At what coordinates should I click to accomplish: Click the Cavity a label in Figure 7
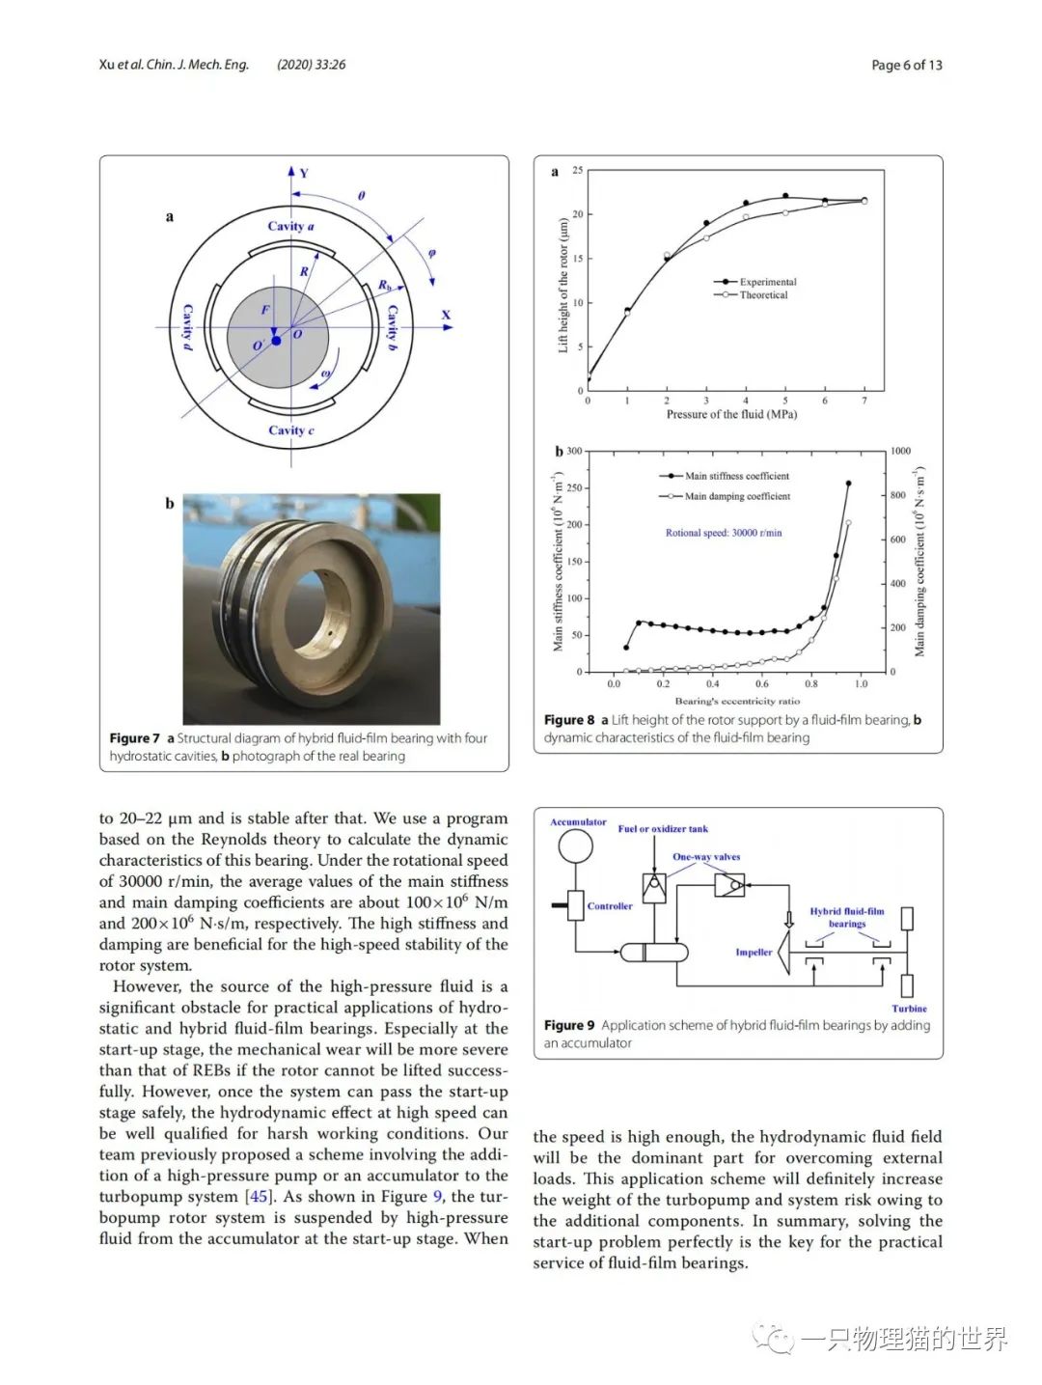(x=290, y=226)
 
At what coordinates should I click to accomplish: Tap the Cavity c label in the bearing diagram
(x=290, y=430)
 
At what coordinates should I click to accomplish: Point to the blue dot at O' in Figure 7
(x=276, y=341)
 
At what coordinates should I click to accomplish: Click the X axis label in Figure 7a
(x=446, y=315)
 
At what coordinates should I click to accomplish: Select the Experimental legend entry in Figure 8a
(x=767, y=282)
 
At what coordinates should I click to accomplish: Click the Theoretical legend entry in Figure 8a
(x=763, y=295)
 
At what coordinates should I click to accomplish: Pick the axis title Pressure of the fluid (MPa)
(x=731, y=414)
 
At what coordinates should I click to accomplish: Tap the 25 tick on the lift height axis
(x=578, y=171)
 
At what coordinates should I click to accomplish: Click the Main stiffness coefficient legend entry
(x=736, y=476)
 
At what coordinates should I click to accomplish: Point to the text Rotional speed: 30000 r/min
(x=724, y=533)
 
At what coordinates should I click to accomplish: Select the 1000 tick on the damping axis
(x=900, y=451)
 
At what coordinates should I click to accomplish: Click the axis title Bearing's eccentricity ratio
(x=737, y=701)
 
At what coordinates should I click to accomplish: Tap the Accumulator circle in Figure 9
(x=576, y=846)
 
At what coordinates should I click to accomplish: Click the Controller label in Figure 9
(x=610, y=906)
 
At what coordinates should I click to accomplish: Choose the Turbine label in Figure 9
(x=909, y=1008)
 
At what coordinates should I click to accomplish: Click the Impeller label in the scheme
(x=754, y=952)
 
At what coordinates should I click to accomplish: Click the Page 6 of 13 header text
(x=906, y=65)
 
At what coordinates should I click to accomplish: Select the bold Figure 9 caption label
(x=569, y=1025)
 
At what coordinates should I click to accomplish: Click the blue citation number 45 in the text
(x=259, y=1197)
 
